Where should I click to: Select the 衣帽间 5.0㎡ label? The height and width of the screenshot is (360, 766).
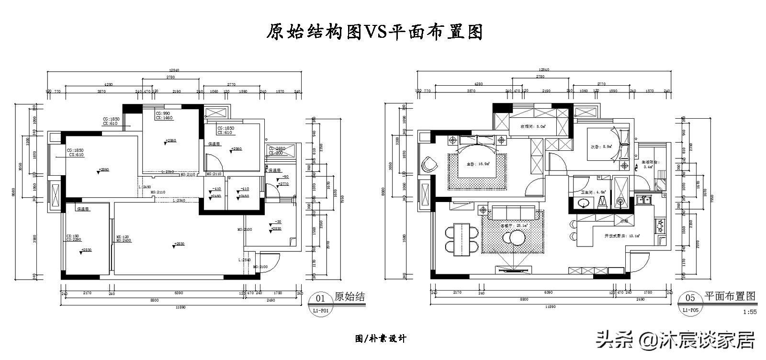(x=533, y=127)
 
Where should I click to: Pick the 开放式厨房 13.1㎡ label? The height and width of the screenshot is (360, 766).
(x=622, y=236)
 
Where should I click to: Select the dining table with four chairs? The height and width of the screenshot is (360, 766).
(x=462, y=238)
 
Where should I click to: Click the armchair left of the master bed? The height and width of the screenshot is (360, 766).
(x=429, y=164)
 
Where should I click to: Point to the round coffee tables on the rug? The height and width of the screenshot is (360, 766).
(x=513, y=237)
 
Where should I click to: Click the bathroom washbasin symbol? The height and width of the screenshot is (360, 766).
(x=584, y=203)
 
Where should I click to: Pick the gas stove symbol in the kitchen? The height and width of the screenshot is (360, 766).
(x=661, y=225)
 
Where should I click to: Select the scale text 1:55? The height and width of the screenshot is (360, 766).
(x=750, y=312)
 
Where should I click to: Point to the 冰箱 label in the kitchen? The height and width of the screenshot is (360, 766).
(x=624, y=221)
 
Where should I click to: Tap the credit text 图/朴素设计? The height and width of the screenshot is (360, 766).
(x=381, y=338)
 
